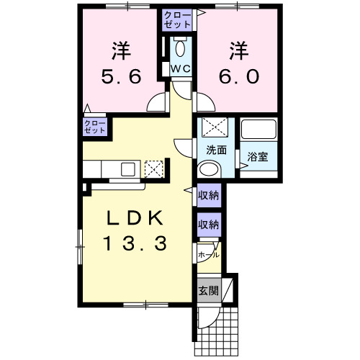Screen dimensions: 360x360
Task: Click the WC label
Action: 181,69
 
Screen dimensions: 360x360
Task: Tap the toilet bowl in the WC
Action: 180,49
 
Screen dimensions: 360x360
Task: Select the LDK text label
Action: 135,217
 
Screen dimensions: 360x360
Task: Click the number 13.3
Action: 135,243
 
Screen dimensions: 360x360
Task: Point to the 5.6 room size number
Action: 121,76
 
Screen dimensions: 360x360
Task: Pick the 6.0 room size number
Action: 239,76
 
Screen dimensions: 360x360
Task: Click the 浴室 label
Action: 258,157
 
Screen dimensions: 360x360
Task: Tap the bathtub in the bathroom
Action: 258,129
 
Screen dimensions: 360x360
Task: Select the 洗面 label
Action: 217,150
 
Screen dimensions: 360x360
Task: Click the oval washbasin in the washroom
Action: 209,169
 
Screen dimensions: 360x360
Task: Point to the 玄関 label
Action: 209,291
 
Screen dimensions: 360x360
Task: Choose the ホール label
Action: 209,255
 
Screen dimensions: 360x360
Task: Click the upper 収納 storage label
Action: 209,195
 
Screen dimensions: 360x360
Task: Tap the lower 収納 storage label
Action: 209,225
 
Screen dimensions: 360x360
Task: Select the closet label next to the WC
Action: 177,19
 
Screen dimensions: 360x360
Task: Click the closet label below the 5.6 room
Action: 95,127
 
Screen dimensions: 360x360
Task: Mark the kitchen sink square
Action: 128,169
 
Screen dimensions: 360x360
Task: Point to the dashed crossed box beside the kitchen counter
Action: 154,169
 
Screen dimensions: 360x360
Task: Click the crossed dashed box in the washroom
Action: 215,127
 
